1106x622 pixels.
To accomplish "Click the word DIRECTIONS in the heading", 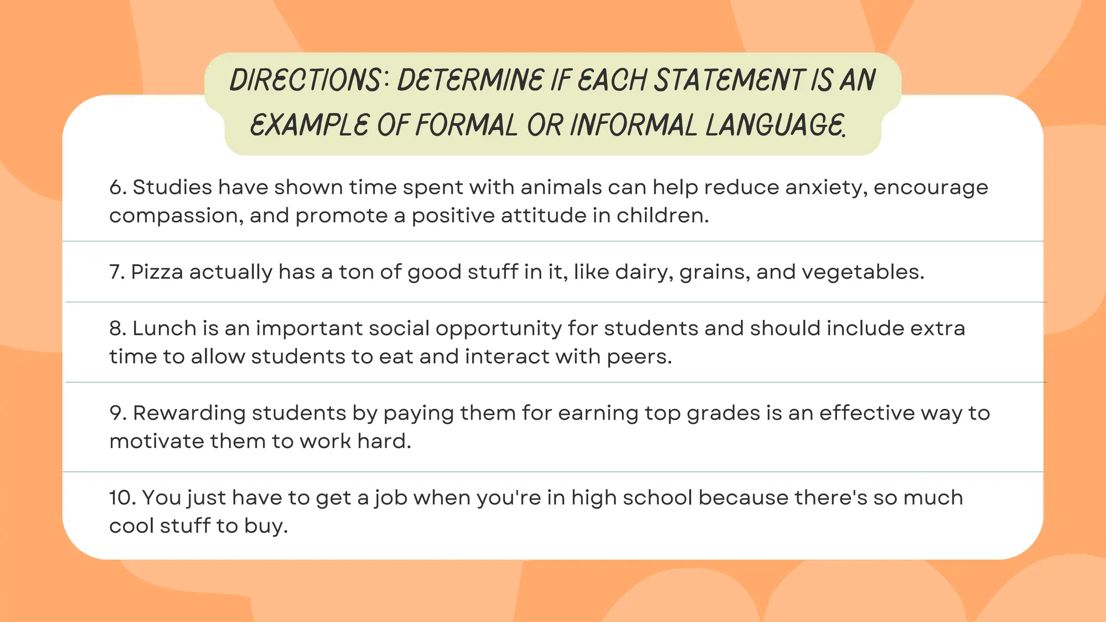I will click(306, 80).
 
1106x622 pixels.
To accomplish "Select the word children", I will click(662, 215).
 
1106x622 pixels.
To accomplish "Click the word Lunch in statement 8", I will click(164, 328).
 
